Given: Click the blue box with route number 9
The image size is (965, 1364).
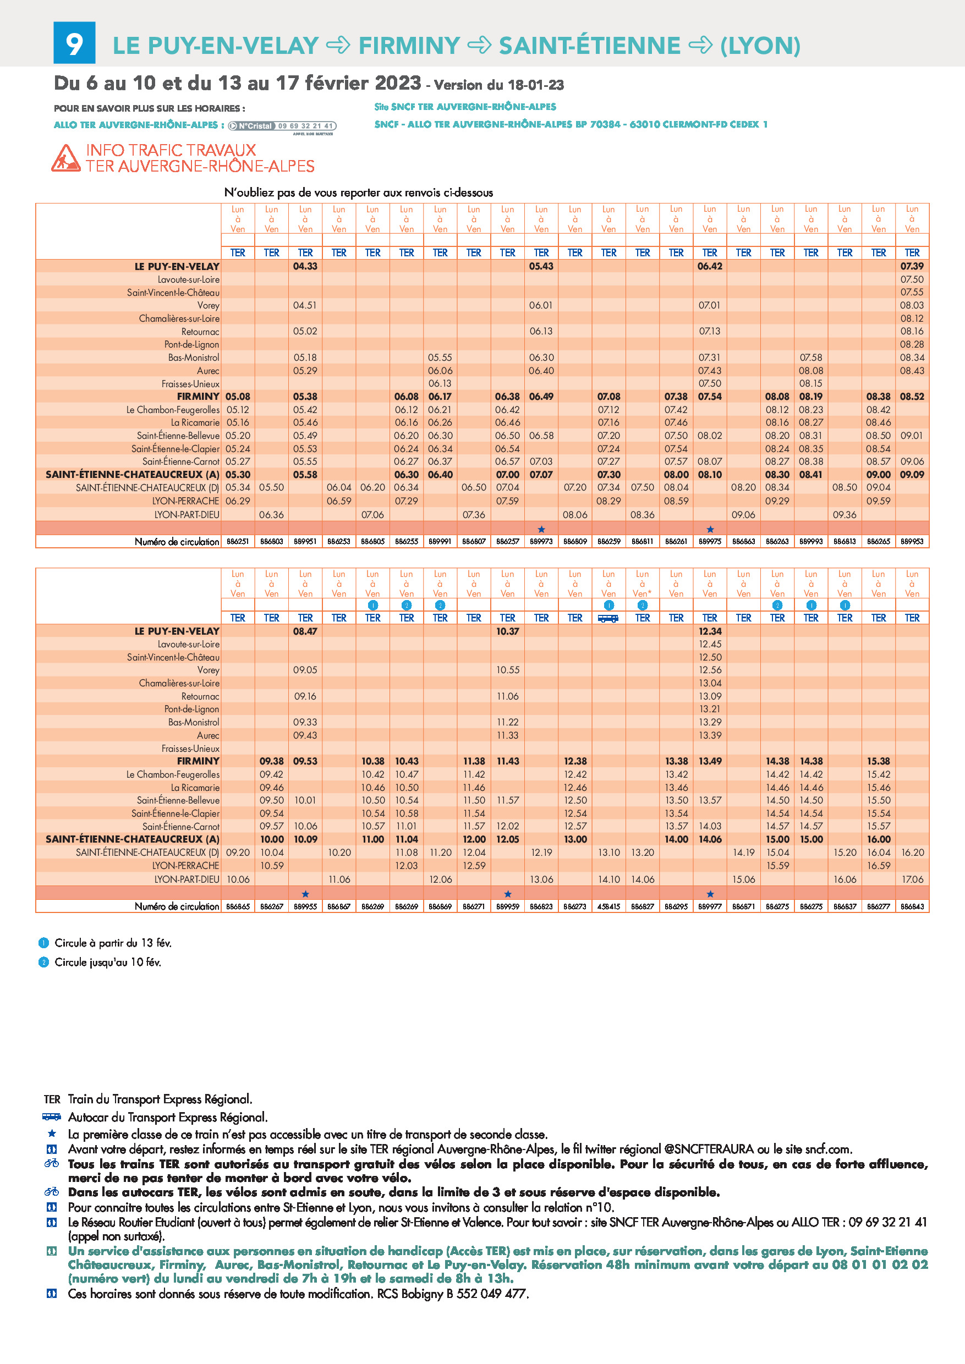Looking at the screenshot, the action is pyautogui.click(x=74, y=43).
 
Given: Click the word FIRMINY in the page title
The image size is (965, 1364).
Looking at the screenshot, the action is pyautogui.click(x=409, y=46).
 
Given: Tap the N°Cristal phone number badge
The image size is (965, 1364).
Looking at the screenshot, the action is pyautogui.click(x=282, y=126).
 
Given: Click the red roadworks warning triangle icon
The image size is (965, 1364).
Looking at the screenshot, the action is pyautogui.click(x=65, y=158).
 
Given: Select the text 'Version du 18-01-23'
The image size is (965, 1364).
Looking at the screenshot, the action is pyautogui.click(x=499, y=85).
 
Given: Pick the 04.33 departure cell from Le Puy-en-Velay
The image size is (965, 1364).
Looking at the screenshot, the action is pyautogui.click(x=305, y=266).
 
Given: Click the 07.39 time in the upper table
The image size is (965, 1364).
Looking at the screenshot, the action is pyautogui.click(x=912, y=266).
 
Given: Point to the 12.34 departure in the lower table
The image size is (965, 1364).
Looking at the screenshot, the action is pyautogui.click(x=710, y=631).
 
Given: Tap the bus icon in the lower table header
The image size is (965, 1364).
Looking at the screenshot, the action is pyautogui.click(x=608, y=618).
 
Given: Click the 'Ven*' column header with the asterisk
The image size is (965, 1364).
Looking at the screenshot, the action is pyautogui.click(x=643, y=593).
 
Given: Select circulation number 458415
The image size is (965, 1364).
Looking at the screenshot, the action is pyautogui.click(x=608, y=906).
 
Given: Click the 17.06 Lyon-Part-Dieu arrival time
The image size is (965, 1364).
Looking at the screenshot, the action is pyautogui.click(x=912, y=879).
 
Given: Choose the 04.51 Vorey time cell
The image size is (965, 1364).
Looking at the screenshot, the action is pyautogui.click(x=305, y=305).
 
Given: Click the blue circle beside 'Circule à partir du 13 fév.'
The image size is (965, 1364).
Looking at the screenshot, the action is pyautogui.click(x=43, y=943).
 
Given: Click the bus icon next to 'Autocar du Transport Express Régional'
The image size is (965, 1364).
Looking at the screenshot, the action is pyautogui.click(x=52, y=1117).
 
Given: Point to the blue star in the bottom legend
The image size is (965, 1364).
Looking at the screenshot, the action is pyautogui.click(x=52, y=1134).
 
